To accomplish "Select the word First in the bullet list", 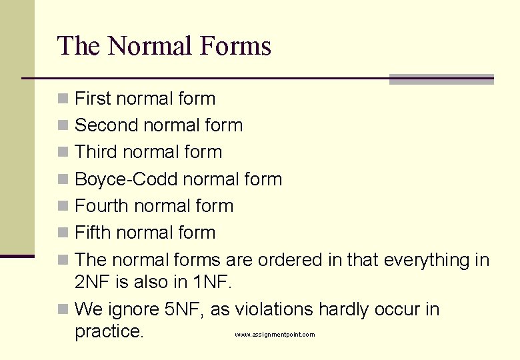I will pyautogui.click(x=93, y=99).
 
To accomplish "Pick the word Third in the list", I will pyautogui.click(x=95, y=152).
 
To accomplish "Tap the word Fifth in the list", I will pyautogui.click(x=93, y=233).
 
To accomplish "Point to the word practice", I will pyautogui.click(x=109, y=331).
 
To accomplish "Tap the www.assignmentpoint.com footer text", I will pyautogui.click(x=275, y=335).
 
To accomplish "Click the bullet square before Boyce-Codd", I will pyautogui.click(x=63, y=179).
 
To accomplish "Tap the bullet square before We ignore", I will pyautogui.click(x=63, y=309).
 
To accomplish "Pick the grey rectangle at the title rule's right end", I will pyautogui.click(x=441, y=79).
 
